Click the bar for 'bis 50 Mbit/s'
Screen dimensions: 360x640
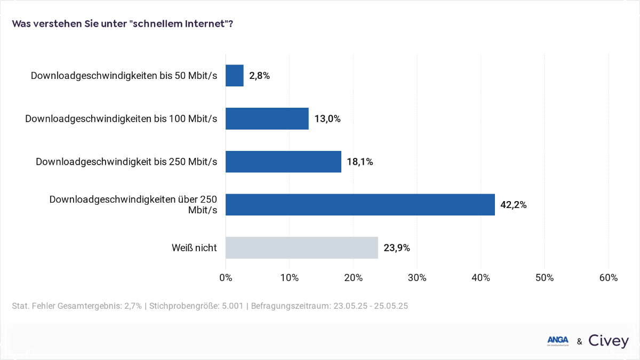(235, 76)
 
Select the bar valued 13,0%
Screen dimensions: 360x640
(267, 118)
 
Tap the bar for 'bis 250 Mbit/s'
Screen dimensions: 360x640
(283, 162)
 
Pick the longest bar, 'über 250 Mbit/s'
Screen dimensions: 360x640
(360, 205)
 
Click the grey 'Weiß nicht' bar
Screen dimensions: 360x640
(302, 247)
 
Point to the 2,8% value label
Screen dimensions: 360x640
(259, 76)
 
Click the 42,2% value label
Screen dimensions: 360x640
(513, 205)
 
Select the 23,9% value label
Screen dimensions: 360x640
(396, 247)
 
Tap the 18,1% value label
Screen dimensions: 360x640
(359, 162)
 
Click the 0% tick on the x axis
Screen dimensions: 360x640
(226, 278)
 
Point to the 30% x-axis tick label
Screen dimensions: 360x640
(417, 278)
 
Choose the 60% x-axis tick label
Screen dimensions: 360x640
(608, 278)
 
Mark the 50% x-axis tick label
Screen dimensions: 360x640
(545, 278)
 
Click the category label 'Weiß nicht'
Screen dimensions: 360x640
(194, 247)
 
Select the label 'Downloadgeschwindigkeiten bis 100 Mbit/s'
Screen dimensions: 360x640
(121, 118)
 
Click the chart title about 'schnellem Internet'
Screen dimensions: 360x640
(122, 24)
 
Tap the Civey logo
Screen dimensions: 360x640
(609, 341)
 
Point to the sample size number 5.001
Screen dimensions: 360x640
(232, 306)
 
